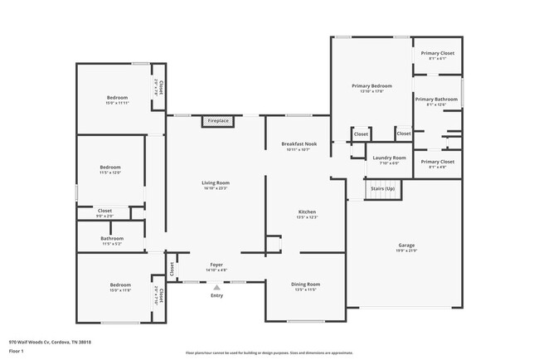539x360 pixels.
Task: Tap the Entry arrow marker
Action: click(216, 287)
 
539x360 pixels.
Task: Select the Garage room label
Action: click(406, 245)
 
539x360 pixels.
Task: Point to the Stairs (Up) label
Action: click(382, 189)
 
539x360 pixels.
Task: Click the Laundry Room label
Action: click(389, 158)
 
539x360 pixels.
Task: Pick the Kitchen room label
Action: click(307, 212)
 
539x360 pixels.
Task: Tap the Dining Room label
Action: click(305, 285)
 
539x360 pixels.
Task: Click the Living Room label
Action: click(216, 182)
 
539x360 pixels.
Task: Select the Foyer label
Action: click(216, 265)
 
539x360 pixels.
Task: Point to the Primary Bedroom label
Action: click(371, 85)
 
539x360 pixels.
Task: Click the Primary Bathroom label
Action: click(436, 100)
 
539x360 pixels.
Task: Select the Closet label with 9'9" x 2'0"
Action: click(105, 211)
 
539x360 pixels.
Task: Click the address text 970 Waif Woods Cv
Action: click(50, 342)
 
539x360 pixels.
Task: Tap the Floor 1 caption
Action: click(16, 352)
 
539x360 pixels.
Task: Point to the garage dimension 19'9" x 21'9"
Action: click(406, 251)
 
